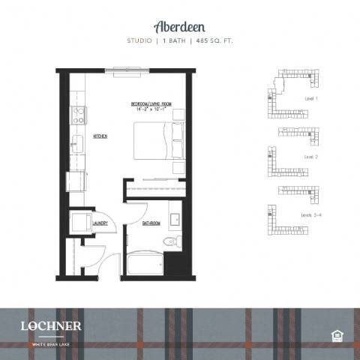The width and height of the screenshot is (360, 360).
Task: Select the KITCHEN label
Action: pos(100,136)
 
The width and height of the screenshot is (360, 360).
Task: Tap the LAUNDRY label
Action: pos(101,223)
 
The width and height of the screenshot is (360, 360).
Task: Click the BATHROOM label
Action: pos(151,223)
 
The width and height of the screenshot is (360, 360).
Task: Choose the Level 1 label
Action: pos(312,98)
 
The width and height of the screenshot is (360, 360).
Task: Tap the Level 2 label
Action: pos(311,157)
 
